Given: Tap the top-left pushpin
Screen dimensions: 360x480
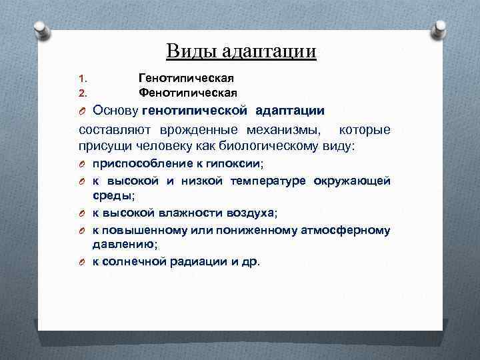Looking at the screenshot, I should pos(40,30).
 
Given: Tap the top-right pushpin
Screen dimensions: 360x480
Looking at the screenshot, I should pos(441,29).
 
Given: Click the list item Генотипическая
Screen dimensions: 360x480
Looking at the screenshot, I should pos(186,79).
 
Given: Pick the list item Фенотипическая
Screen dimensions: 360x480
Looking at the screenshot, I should pos(188,92).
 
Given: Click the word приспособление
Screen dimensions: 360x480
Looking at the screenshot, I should pos(140,164).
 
